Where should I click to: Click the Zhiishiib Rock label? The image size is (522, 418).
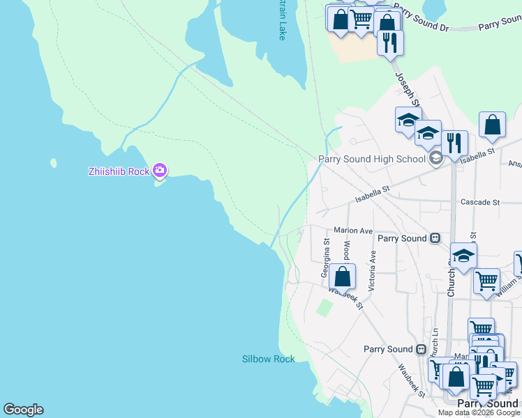(x=119, y=171)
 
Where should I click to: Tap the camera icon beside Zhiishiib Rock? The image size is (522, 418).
(x=161, y=170)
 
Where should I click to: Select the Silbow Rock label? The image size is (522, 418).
(x=269, y=359)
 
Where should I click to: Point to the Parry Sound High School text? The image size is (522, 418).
(x=372, y=159)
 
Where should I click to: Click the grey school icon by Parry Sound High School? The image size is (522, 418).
(x=436, y=158)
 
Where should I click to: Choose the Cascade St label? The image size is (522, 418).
(x=480, y=202)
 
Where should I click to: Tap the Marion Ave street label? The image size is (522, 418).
(x=353, y=231)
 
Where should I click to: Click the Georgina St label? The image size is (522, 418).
(x=325, y=258)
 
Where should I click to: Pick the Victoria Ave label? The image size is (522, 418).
(x=372, y=271)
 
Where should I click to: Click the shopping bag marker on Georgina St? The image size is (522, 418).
(x=342, y=275)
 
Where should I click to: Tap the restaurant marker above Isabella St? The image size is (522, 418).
(x=454, y=144)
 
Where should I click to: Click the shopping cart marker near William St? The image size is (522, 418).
(x=486, y=281)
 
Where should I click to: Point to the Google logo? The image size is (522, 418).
(x=23, y=410)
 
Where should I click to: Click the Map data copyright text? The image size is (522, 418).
(x=479, y=412)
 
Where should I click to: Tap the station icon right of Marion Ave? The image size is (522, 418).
(x=435, y=238)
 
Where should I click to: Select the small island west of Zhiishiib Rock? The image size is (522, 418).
(x=53, y=163)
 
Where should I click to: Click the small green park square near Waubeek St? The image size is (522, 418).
(x=324, y=307)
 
